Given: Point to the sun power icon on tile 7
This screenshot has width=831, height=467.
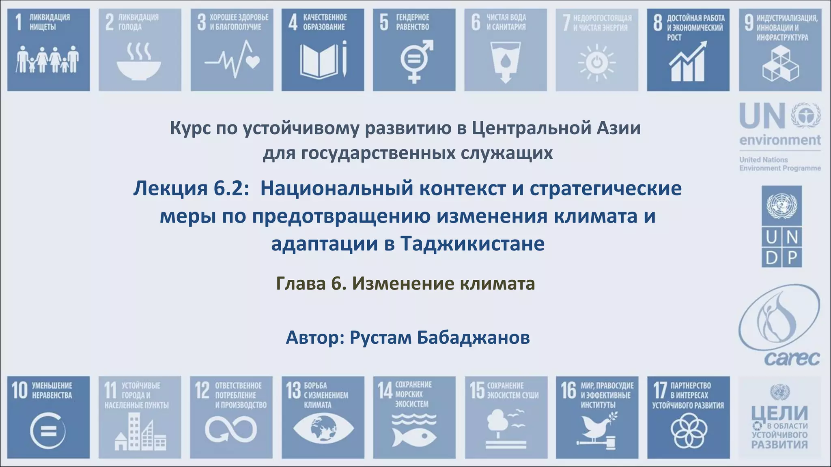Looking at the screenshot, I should (x=596, y=63).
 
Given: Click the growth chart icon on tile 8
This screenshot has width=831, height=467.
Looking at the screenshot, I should (x=687, y=62).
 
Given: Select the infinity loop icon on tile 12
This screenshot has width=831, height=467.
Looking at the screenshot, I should (x=231, y=430).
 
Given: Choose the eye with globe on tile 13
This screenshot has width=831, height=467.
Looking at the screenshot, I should (x=323, y=428).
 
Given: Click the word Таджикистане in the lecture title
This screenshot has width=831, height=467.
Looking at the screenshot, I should (x=472, y=244).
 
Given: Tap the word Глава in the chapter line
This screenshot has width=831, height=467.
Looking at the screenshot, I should (x=301, y=283).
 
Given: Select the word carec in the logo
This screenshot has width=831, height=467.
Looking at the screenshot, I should (x=792, y=359).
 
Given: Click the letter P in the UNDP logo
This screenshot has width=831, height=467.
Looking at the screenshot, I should (x=792, y=257).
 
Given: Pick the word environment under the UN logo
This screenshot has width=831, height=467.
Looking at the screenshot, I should (x=780, y=140).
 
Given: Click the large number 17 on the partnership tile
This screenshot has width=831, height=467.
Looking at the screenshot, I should (x=660, y=390).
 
